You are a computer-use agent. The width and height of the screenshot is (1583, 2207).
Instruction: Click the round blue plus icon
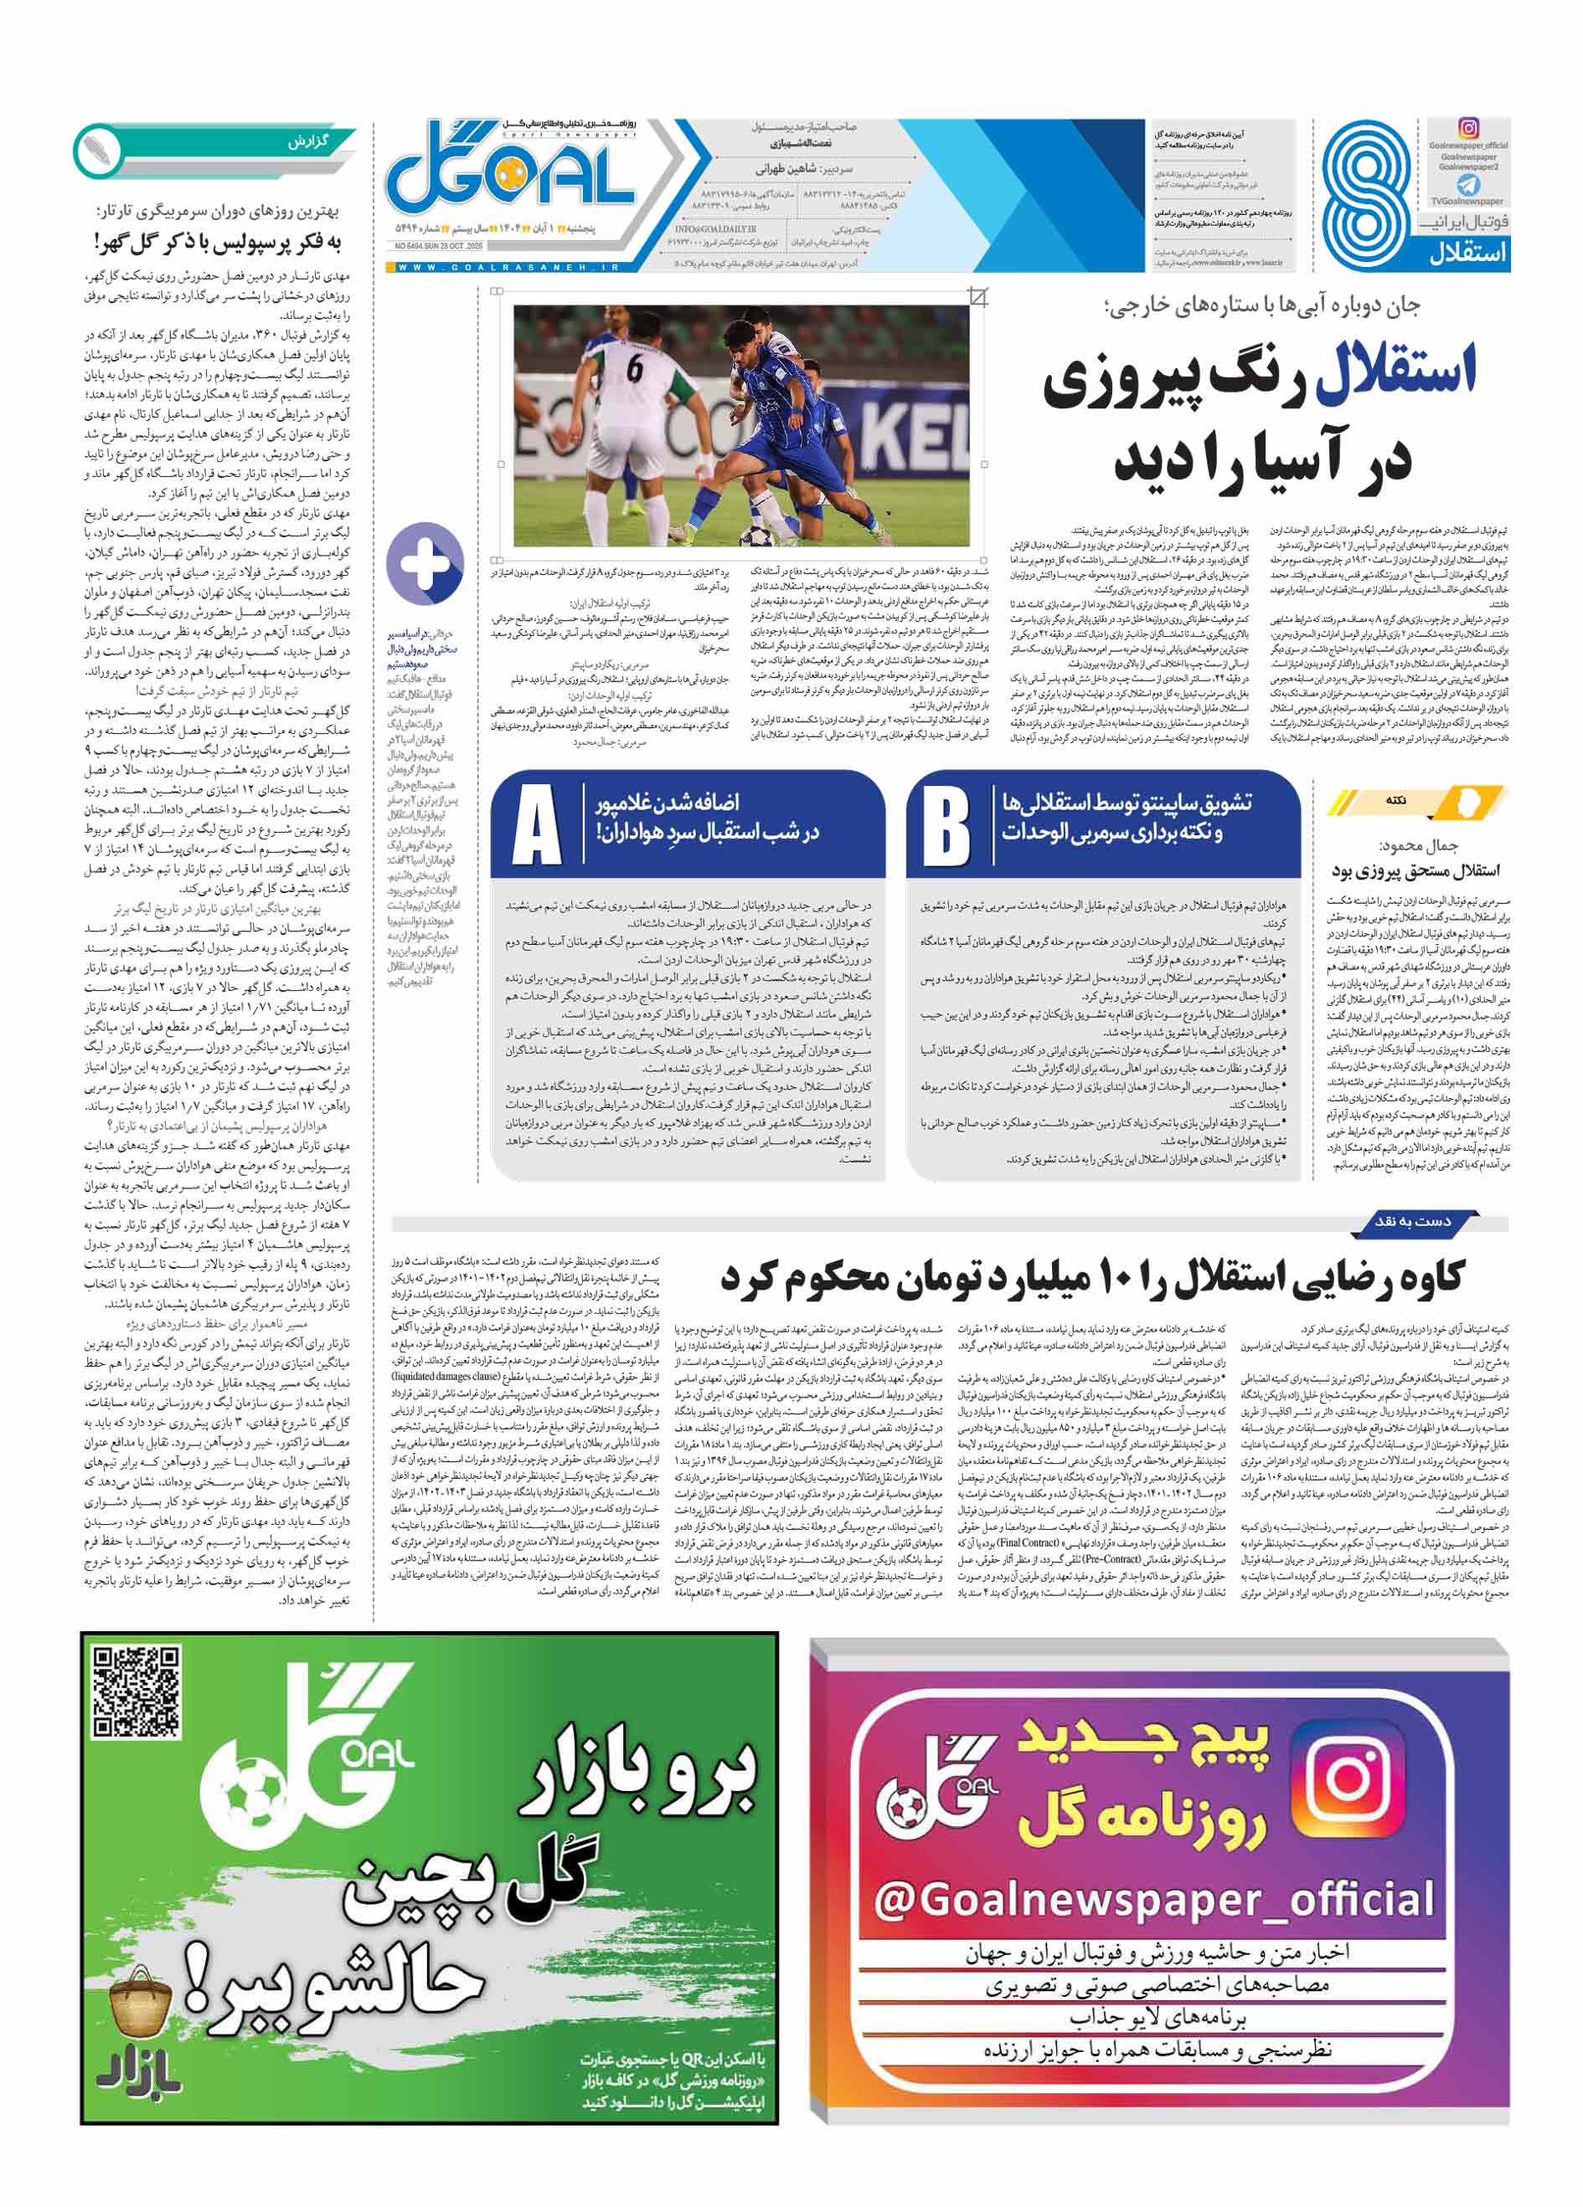click(425, 562)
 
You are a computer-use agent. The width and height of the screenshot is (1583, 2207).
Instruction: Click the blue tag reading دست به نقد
click(1410, 1221)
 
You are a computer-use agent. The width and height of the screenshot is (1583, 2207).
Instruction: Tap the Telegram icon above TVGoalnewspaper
click(1468, 185)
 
